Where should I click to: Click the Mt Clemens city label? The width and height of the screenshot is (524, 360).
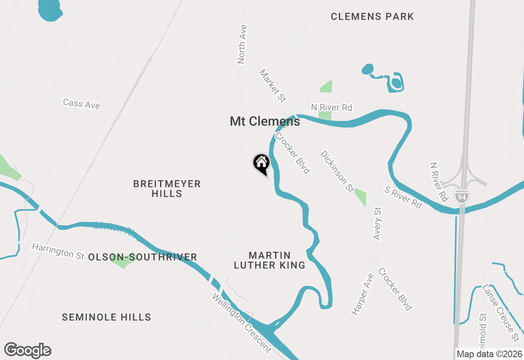tap(265, 122)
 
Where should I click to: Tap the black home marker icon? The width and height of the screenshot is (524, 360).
tap(261, 163)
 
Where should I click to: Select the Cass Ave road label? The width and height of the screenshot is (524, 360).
tap(81, 103)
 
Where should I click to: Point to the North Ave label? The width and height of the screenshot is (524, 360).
tap(242, 44)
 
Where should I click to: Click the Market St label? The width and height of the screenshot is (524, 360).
tap(272, 85)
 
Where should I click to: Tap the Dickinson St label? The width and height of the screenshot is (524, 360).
tap(337, 171)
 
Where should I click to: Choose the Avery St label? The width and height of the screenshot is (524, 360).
tap(377, 223)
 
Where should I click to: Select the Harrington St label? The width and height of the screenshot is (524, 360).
tap(58, 251)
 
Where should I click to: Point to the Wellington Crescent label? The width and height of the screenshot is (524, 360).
tap(241, 322)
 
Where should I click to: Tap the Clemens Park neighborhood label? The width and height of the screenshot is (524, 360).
tap(372, 17)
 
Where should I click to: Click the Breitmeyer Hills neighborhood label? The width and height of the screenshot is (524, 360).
tap(167, 189)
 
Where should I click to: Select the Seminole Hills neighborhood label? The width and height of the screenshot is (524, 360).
tap(106, 317)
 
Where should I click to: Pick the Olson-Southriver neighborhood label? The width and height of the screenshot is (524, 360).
tap(143, 257)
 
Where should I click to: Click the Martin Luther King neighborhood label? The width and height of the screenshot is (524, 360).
tap(269, 260)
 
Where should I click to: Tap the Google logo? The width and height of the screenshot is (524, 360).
tap(27, 350)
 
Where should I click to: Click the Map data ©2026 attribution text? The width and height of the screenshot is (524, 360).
tap(489, 354)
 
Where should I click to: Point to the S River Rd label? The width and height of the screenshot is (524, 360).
tap(403, 197)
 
